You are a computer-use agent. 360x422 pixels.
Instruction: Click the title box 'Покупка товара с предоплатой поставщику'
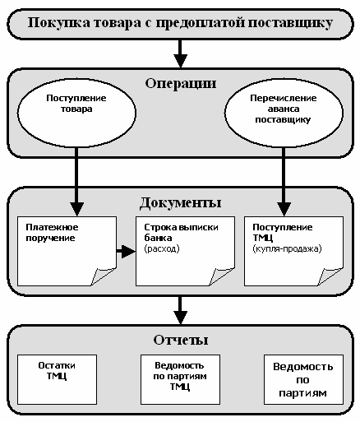[180, 24]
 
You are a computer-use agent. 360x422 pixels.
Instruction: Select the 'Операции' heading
[181, 83]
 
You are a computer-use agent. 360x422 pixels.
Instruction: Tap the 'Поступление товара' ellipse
[76, 113]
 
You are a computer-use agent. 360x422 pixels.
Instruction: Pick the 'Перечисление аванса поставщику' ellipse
[284, 113]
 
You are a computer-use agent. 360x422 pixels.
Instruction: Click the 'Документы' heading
[180, 203]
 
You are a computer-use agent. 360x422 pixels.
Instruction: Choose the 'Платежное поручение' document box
[67, 251]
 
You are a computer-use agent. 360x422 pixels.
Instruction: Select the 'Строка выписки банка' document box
[185, 251]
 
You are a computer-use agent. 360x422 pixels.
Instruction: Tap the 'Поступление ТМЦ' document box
[293, 251]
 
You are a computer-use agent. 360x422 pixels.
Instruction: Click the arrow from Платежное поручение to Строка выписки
[126, 251]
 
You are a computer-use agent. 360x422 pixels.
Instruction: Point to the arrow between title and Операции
[180, 53]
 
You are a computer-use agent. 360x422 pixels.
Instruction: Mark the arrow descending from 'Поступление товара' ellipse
[76, 182]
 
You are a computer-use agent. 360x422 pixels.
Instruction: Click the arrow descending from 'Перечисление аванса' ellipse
[284, 182]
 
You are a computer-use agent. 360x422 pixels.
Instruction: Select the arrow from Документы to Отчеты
[180, 310]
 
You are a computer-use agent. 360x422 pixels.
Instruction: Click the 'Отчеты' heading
[181, 340]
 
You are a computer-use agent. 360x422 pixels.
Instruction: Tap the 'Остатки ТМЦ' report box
[57, 379]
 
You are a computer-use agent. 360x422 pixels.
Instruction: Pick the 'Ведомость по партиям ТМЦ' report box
[180, 379]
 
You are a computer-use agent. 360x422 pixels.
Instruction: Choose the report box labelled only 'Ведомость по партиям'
[303, 379]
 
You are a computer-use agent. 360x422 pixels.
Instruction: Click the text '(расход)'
[162, 248]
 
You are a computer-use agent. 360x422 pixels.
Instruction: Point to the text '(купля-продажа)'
[287, 248]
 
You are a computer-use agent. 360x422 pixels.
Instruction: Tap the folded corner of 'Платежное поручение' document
[103, 276]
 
